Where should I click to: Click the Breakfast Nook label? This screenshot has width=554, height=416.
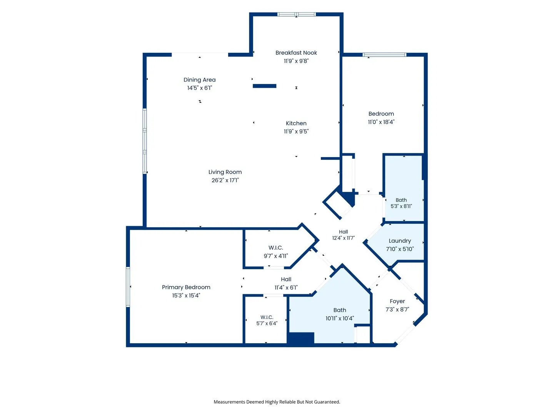coord(296,53)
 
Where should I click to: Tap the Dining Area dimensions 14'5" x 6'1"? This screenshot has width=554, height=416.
coord(199,88)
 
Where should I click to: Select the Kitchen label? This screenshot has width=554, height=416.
coord(296,123)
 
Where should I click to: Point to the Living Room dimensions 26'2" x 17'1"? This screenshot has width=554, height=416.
coord(225,180)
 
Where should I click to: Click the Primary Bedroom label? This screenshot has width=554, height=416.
coord(186,287)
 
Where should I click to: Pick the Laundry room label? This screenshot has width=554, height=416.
coord(400,241)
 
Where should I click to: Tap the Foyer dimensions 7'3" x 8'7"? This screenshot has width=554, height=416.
coord(397,309)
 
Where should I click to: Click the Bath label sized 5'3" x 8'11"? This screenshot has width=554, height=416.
coord(401,200)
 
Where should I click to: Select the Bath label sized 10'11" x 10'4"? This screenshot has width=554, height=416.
coord(340,310)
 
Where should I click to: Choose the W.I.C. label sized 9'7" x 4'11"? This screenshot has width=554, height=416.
coord(275,248)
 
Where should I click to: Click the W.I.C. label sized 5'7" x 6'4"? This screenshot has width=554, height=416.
coord(267,317)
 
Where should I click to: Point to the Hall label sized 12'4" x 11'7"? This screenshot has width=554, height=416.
coord(343,232)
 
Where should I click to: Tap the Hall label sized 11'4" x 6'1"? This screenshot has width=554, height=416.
coord(286,279)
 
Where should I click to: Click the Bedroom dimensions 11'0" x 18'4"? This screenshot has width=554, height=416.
coord(381,122)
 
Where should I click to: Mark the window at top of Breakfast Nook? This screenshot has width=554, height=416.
coord(296,14)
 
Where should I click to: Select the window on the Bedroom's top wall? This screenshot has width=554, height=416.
coord(384,55)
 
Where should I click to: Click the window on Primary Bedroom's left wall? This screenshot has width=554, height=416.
coord(128,287)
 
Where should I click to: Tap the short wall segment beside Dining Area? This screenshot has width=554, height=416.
coord(265,86)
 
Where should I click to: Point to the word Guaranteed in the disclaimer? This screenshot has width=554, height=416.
coord(328,402)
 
